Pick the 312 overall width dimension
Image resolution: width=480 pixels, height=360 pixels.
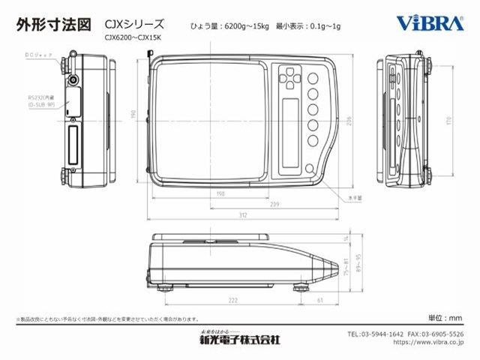click(x=244, y=216)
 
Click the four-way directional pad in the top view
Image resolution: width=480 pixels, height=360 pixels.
click(x=290, y=76)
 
